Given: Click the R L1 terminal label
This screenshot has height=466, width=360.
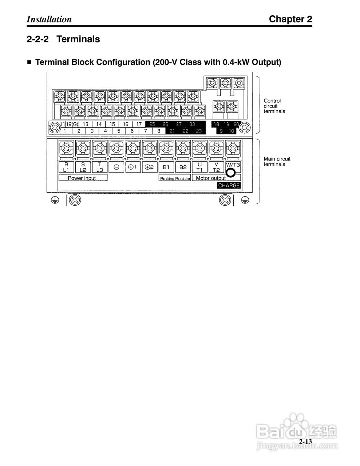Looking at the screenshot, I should (66, 167).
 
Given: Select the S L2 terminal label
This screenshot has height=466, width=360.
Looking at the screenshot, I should (83, 167).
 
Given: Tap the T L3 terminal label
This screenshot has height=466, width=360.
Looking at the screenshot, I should (100, 167).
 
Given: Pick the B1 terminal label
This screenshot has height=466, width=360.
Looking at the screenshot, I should (166, 167).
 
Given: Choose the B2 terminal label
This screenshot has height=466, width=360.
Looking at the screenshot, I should (183, 167).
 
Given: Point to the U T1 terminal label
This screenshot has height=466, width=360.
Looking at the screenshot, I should (199, 167).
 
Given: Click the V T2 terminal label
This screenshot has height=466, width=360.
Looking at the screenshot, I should (216, 167).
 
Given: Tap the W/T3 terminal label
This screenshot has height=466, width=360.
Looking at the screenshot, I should (233, 165).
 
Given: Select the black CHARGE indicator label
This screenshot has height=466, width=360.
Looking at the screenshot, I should (229, 185).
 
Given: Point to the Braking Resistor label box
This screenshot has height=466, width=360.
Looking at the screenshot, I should (175, 179).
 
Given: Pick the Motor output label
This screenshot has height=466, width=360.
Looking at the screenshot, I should (210, 178).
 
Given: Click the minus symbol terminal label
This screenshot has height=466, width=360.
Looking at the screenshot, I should (116, 167).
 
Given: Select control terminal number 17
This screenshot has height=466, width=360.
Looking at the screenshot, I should (139, 124).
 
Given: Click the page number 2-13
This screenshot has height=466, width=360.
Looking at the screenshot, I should (305, 442).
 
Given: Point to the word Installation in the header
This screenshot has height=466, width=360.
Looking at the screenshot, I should (49, 19).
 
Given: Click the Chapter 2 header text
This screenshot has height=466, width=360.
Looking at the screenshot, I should (290, 19).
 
